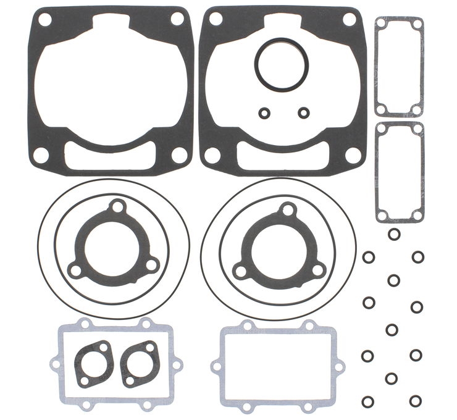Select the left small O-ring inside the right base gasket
pyautogui.click(x=264, y=112)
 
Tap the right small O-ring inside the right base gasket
pyautogui.click(x=303, y=112)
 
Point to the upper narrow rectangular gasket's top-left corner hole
pyautogui.click(x=382, y=23)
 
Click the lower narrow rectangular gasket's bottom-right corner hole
pyautogui.click(x=417, y=215)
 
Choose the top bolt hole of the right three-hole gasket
pyautogui.click(x=287, y=210)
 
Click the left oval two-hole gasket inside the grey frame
pyautogui.click(x=93, y=364)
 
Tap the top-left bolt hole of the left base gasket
pyautogui.click(x=44, y=20)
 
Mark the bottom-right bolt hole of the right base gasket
pyautogui.click(x=353, y=156)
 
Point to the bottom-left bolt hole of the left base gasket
pyautogui.click(x=41, y=156)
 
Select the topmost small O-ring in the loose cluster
pyautogui.click(x=393, y=234)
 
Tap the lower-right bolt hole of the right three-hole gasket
pyautogui.click(x=317, y=270)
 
